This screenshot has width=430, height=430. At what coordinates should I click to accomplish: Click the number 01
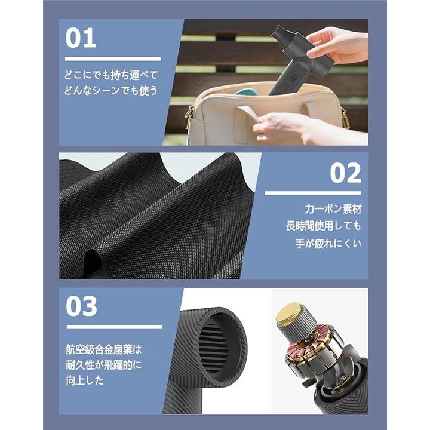point(81,38)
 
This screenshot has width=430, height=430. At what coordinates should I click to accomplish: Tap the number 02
point(346,173)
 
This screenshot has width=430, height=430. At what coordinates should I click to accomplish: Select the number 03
point(81,306)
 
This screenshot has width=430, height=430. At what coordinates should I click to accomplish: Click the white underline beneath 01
point(113,59)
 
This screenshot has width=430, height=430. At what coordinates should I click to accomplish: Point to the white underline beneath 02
point(312,193)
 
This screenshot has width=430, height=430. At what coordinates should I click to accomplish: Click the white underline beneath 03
point(115,327)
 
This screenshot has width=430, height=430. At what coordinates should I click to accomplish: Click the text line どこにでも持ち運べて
point(111,75)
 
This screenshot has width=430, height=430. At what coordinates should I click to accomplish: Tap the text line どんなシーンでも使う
point(111,90)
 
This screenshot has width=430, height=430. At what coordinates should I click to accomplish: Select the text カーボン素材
point(333,209)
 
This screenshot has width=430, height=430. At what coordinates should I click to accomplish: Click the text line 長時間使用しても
point(324,226)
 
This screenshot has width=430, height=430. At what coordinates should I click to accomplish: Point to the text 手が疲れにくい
point(328,243)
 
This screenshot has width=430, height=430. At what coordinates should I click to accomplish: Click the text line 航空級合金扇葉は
point(104,349)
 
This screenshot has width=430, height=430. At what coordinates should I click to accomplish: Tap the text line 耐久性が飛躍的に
point(104,365)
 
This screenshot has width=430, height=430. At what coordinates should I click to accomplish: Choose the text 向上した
point(85,380)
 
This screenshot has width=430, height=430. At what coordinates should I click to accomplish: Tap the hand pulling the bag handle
point(307,128)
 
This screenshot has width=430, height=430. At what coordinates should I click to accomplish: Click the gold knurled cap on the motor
point(289,312)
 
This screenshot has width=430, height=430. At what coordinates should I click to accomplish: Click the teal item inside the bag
point(245,93)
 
